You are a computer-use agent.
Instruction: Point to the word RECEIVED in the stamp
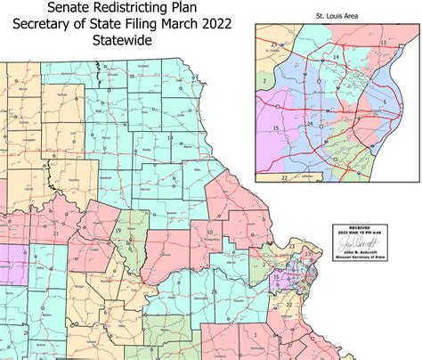click(x=356, y=229)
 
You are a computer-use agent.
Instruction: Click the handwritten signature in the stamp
click(x=356, y=242)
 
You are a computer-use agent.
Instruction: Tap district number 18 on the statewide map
click(x=170, y=138)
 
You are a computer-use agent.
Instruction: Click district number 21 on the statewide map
click(x=56, y=233)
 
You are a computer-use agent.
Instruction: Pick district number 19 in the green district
click(x=118, y=230)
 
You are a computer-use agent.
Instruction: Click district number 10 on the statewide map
click(x=210, y=233)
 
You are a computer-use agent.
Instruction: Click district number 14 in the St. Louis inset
click(x=336, y=57)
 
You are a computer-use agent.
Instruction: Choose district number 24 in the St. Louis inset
click(x=309, y=123)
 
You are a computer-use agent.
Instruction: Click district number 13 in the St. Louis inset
click(x=383, y=42)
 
